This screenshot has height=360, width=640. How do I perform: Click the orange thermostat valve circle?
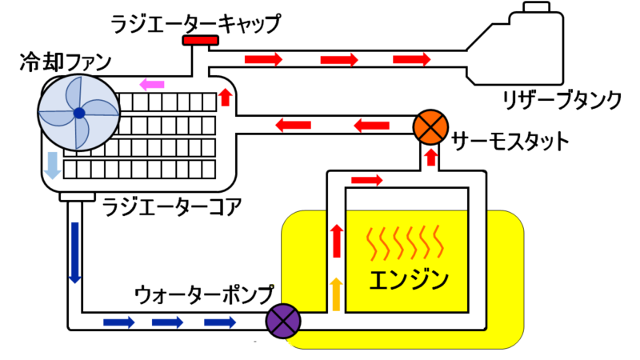[x=428, y=126]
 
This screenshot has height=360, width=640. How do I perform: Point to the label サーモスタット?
[x=510, y=142]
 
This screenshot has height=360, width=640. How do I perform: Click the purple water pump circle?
[x=282, y=322]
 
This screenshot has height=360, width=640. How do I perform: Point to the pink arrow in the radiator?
[x=152, y=84]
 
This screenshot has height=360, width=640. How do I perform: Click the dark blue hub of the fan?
[x=79, y=114]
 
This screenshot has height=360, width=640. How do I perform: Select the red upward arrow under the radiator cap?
[x=226, y=98]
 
